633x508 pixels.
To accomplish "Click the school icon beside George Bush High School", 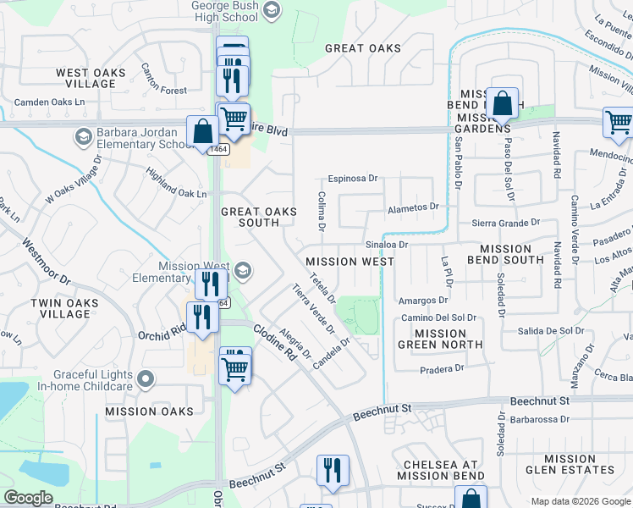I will tap(272, 11).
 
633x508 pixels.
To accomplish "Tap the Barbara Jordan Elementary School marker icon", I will tap(83, 136).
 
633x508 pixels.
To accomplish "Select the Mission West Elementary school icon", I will tap(243, 270).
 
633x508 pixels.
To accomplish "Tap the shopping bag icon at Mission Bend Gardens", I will tap(502, 104).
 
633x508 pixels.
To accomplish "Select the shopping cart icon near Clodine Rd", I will tap(235, 367).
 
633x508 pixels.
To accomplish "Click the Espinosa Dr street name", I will tap(353, 179).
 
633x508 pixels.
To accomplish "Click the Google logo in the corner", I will tap(29, 498).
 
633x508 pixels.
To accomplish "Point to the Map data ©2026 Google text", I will tap(581, 501).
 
